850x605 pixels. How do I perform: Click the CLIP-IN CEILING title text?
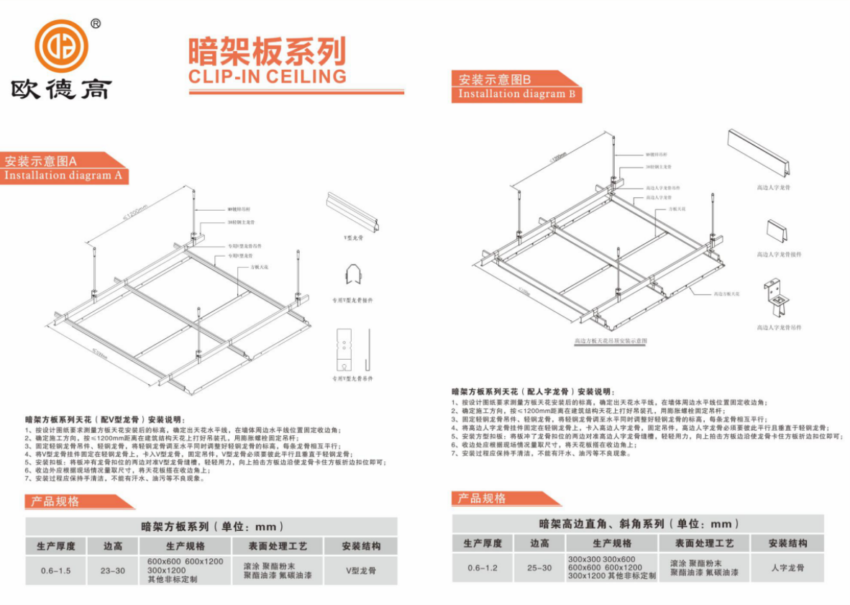pyautogui.click(x=268, y=76)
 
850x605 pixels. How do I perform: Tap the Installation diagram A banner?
pyautogui.click(x=63, y=176)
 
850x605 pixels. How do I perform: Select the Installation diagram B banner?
pyautogui.click(x=516, y=94)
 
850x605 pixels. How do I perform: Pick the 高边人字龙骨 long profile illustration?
pyautogui.click(x=759, y=157)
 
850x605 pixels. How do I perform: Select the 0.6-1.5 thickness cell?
pyautogui.click(x=56, y=570)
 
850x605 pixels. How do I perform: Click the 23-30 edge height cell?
pyautogui.click(x=113, y=570)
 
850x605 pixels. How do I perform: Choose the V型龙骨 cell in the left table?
pyautogui.click(x=360, y=570)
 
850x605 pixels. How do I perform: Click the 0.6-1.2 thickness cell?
pyautogui.click(x=483, y=568)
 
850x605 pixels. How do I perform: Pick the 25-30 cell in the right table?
pyautogui.click(x=539, y=568)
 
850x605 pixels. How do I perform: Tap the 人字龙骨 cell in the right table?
pyautogui.click(x=787, y=568)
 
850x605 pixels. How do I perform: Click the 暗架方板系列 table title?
pyautogui.click(x=212, y=527)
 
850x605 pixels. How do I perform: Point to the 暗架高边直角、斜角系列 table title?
pyautogui.click(x=639, y=524)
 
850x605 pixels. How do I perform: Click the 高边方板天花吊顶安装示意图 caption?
pyautogui.click(x=611, y=340)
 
